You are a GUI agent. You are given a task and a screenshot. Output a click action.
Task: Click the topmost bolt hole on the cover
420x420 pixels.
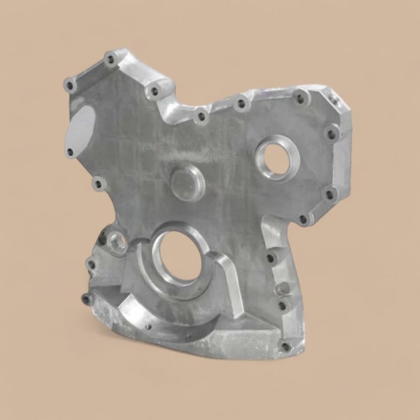click(x=110, y=59)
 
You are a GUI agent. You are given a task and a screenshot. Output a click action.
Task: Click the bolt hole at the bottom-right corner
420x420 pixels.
click(x=286, y=346)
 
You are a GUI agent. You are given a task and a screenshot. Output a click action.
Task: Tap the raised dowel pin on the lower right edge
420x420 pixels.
click(x=285, y=289)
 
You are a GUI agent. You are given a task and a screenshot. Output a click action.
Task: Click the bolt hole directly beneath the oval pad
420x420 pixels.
click(x=70, y=152)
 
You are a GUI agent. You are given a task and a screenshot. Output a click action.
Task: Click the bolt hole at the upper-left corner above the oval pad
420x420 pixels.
click(x=71, y=85)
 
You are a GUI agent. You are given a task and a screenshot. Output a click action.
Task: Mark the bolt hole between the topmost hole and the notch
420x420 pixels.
click(x=154, y=91)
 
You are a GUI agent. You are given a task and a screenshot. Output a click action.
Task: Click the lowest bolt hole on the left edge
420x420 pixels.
click(x=85, y=298)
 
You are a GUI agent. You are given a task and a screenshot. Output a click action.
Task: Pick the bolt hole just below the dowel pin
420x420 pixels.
click(x=281, y=306)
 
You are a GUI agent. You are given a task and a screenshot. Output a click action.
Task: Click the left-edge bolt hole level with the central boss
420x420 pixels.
click(x=98, y=181)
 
